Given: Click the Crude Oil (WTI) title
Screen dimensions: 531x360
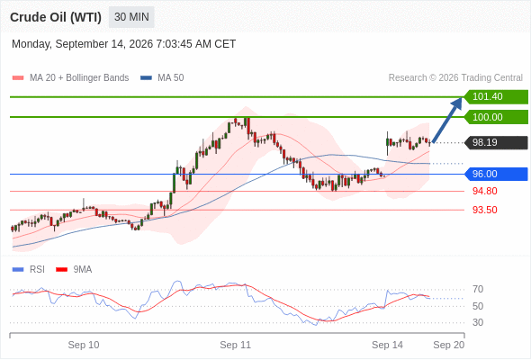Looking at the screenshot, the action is [x=56, y=17].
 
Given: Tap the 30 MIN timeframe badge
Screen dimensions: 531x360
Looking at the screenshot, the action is [x=131, y=17].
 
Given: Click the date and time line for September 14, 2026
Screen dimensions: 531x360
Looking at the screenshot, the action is [x=123, y=44].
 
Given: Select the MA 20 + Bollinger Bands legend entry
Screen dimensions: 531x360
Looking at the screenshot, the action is [x=70, y=78].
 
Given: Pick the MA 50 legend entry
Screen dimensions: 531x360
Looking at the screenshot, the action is [x=162, y=78].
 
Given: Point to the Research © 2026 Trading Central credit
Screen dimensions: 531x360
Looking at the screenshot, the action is [x=455, y=78].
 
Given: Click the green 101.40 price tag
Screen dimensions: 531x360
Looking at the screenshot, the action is [x=496, y=97].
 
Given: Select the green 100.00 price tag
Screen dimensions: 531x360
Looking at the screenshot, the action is [x=496, y=117].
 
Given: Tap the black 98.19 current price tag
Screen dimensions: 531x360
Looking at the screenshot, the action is [x=496, y=142].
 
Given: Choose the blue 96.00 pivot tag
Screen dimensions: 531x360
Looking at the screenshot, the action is [x=496, y=174].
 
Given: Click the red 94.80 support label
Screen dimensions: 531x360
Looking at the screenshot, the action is [x=484, y=191].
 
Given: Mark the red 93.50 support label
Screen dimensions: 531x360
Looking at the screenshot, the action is [x=484, y=210].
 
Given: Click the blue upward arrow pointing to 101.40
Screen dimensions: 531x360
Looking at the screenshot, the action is [x=447, y=121].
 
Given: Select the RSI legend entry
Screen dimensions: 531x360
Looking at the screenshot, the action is [x=29, y=270].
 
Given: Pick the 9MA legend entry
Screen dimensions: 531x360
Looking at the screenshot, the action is [x=74, y=270].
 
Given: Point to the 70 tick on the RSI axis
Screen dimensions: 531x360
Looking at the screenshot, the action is [x=478, y=289].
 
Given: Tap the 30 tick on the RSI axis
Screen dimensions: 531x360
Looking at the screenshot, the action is [x=478, y=322].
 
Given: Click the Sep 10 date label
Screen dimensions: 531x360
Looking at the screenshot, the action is [x=84, y=345].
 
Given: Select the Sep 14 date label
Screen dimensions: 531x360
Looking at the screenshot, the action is [x=387, y=345].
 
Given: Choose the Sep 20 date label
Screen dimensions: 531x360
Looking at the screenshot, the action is [x=449, y=345].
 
